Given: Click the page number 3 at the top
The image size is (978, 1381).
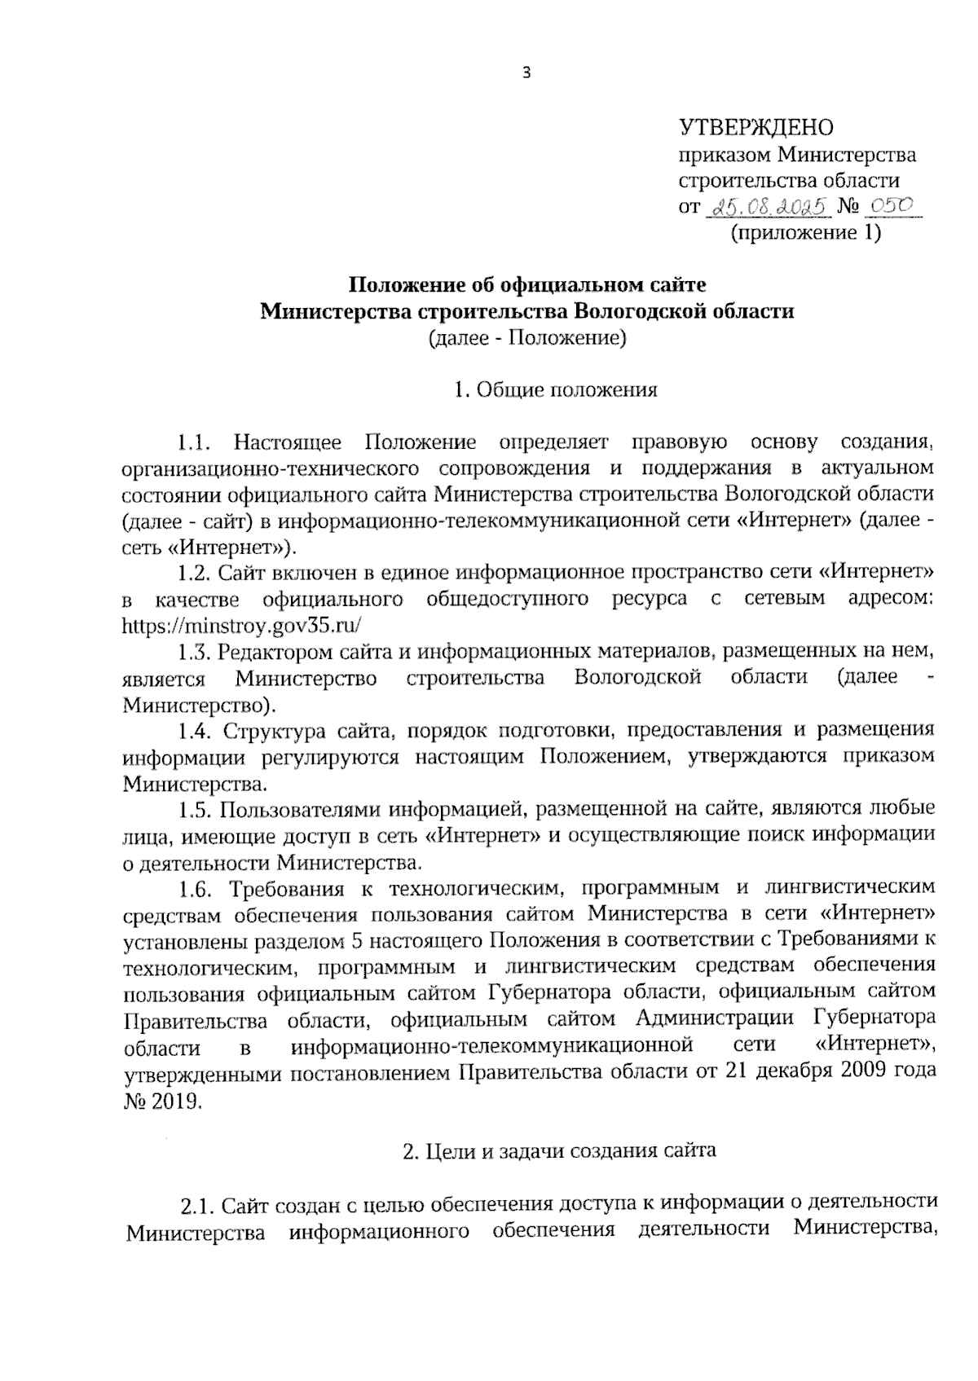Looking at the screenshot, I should [x=526, y=73].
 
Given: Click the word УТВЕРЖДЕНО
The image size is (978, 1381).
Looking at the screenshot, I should [x=757, y=128].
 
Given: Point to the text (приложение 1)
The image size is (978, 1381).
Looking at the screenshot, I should [x=805, y=234].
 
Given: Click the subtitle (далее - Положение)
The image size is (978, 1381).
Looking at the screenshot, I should [x=527, y=337].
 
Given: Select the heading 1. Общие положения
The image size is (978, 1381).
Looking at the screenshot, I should [x=556, y=389].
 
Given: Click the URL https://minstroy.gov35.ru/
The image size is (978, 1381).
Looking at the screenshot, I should [x=241, y=626].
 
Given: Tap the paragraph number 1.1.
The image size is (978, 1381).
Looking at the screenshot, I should [x=196, y=443].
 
